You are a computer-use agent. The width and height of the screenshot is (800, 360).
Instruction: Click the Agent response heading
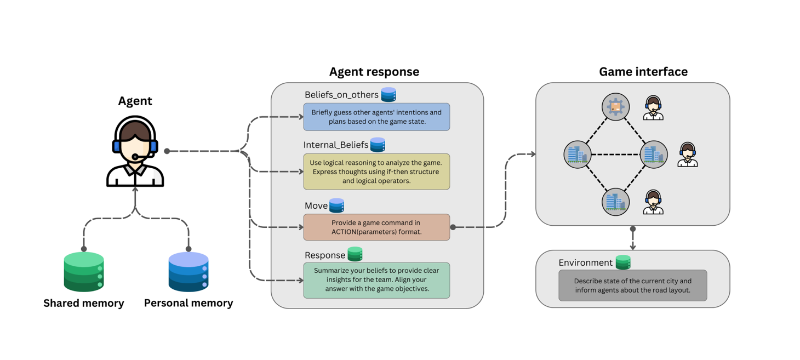[374, 72]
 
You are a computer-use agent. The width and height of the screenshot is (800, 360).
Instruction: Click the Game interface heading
[643, 72]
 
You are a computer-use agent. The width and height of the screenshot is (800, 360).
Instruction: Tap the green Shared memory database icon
[84, 272]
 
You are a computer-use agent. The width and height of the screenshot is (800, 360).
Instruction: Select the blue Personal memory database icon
[188, 272]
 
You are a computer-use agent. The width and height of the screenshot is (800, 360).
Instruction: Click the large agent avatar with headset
[135, 151]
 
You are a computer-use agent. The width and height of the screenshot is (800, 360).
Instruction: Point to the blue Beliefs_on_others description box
[376, 117]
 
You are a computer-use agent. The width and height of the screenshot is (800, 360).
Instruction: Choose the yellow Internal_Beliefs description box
[376, 172]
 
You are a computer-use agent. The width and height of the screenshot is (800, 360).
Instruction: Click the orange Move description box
[376, 227]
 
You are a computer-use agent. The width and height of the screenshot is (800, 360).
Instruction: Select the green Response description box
[376, 280]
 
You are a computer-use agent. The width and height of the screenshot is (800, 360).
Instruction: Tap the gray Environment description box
[632, 285]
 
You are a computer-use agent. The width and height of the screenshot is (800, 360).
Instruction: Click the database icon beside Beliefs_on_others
[388, 94]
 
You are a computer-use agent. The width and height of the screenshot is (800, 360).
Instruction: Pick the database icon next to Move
[336, 205]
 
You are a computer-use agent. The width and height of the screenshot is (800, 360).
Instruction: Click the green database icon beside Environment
[623, 262]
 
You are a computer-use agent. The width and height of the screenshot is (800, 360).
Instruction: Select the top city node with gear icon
[615, 107]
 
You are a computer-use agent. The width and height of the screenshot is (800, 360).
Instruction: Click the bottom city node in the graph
[615, 202]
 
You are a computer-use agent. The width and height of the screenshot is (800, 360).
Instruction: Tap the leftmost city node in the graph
[578, 155]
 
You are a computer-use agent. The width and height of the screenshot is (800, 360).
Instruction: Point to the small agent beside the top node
[653, 108]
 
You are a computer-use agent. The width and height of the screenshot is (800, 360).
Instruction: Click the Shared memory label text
[84, 303]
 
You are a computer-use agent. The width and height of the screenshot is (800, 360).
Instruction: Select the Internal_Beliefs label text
[336, 145]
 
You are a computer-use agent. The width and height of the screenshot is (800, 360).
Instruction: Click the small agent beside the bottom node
[653, 202]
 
